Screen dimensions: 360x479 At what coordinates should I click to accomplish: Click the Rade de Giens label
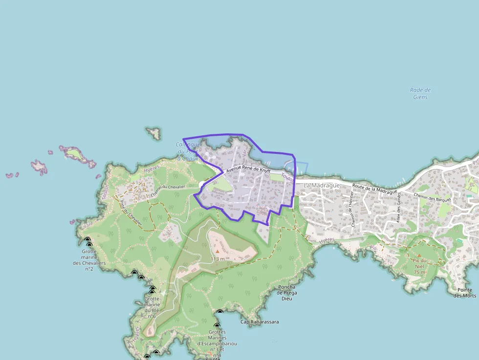420,93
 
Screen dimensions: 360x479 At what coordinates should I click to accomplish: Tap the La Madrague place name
322,186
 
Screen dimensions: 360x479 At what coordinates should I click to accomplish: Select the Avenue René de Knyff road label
248,170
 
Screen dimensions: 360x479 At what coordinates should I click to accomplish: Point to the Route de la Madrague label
375,188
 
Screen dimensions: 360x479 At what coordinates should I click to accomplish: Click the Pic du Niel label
419,263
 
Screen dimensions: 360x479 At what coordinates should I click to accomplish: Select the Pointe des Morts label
465,293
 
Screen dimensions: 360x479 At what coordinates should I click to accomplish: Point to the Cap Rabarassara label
260,322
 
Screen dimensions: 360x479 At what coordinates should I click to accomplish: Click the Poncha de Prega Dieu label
286,293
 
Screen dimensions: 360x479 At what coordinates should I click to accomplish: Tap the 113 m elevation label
218,259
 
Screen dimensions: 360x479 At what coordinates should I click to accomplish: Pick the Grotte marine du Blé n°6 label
152,307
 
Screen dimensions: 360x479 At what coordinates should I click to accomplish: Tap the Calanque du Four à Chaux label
188,151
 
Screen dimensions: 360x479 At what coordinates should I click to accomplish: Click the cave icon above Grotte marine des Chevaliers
88,241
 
